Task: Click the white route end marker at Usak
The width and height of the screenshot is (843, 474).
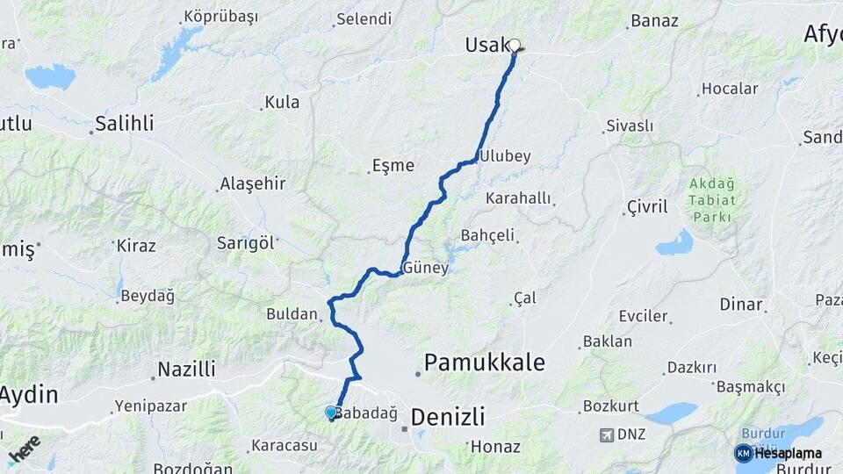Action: pos(515,46)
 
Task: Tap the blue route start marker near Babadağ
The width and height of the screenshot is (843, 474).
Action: pos(331,412)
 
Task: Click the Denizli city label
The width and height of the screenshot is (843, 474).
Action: pos(447,416)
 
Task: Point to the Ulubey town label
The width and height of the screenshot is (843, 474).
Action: pos(505,156)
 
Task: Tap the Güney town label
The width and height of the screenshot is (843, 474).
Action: pos(425,269)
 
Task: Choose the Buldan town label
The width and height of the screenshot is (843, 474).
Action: pos(292,313)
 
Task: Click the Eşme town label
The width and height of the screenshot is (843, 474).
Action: pos(393,165)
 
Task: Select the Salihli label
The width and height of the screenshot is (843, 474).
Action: pos(124,123)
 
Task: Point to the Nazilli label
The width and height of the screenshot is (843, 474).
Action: pos(186,369)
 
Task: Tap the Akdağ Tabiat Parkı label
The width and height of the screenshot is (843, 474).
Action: pos(711,200)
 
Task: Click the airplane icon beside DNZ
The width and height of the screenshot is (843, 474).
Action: pos(606,434)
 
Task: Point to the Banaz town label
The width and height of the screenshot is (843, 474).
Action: pos(654,21)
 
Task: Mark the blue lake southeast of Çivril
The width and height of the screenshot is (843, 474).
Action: pos(675,242)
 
